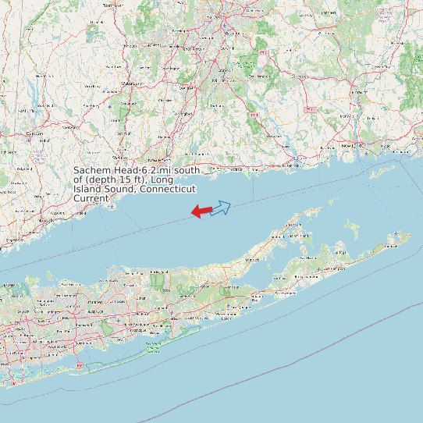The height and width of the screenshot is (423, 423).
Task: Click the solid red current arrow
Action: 201,211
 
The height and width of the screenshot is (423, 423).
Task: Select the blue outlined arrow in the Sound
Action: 221,208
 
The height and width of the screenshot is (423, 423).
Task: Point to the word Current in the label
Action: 91,198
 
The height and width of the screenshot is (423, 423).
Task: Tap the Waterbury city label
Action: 130,82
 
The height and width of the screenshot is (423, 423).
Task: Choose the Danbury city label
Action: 34,133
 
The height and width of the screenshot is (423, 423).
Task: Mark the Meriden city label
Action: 186,88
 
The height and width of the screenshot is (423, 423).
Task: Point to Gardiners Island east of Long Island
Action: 354,229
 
